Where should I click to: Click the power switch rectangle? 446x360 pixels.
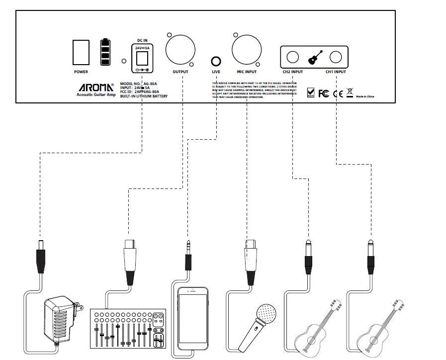81,52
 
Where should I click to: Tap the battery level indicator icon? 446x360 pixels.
105,51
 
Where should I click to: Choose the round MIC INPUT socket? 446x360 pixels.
246,51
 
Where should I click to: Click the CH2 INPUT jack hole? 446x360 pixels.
293,58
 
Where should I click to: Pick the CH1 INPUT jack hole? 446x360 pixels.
336,58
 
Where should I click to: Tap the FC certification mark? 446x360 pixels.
323,93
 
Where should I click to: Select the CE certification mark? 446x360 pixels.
337,93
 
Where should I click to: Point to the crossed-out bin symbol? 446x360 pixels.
349,92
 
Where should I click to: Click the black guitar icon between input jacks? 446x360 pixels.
314,58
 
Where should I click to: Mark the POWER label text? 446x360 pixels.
81,72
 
